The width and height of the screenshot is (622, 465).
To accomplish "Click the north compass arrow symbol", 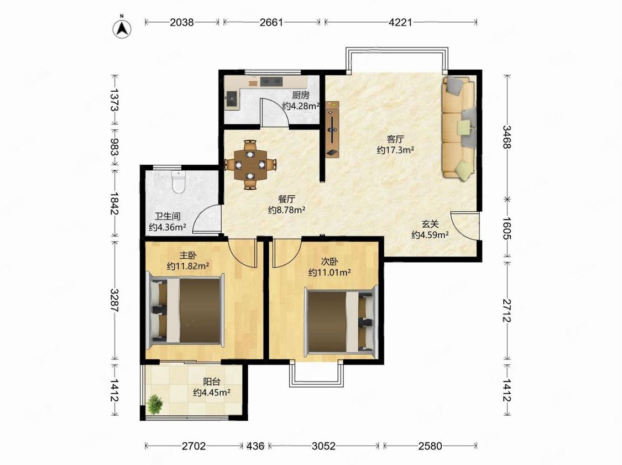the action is (x=122, y=28).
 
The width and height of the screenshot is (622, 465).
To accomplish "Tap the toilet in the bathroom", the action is (x=179, y=182).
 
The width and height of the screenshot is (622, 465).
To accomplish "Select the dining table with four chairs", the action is (x=250, y=164).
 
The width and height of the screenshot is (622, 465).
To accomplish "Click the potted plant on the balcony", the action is (x=154, y=404).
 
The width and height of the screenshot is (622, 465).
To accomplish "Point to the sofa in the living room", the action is (x=458, y=128).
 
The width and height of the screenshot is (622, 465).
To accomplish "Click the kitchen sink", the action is (x=231, y=98).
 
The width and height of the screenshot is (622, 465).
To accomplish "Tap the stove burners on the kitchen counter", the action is (x=271, y=81).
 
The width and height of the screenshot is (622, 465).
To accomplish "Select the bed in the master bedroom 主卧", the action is (x=185, y=308).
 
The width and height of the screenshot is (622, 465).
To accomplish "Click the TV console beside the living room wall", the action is (x=332, y=129).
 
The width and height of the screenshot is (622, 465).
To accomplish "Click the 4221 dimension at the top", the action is (x=400, y=22).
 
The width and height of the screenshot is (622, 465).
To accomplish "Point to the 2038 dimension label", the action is (x=182, y=22).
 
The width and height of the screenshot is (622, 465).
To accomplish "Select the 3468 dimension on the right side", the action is (x=507, y=137).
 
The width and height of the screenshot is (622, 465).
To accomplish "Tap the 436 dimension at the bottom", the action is (x=255, y=446).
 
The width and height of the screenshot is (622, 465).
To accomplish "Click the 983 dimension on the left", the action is (x=114, y=147).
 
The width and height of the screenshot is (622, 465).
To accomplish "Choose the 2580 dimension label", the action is (x=430, y=446).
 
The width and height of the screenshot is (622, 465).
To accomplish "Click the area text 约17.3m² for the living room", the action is (x=395, y=150).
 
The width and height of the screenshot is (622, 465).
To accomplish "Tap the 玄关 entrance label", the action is (x=430, y=224).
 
